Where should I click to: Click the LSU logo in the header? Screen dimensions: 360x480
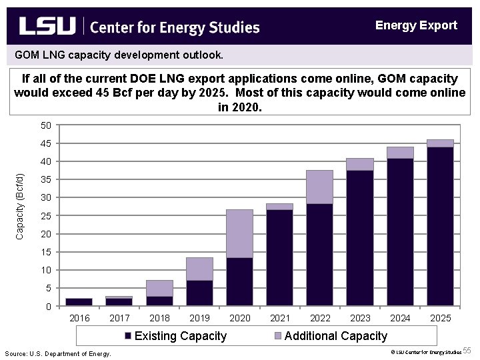[47, 27]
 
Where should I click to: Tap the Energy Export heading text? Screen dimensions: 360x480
[416, 25]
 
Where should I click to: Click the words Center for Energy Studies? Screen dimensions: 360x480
[174, 27]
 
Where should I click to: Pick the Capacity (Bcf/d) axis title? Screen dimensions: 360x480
[20, 206]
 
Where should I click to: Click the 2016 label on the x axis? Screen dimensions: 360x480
[79, 318]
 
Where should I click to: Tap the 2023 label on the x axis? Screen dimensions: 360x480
[360, 318]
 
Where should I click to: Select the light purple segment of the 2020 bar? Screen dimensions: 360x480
[240, 233]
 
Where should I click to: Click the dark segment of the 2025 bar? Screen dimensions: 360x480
[440, 227]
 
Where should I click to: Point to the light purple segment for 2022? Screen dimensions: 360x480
[320, 187]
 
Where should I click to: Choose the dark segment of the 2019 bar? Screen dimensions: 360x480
[200, 293]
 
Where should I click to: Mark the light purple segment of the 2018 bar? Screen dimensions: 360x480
[160, 288]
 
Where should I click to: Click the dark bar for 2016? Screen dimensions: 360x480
[79, 302]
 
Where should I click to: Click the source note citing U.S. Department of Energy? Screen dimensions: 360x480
[58, 353]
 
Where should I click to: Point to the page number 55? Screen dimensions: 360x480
[467, 351]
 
